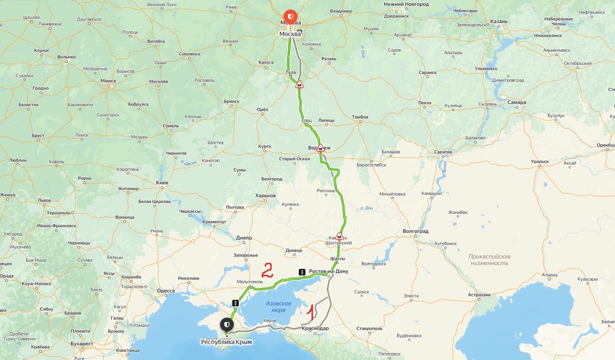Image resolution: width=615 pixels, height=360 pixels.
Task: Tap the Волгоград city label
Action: (x=416, y=231)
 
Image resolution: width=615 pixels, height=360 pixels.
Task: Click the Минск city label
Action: (x=108, y=80)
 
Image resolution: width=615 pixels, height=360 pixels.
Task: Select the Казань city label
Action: (x=498, y=22)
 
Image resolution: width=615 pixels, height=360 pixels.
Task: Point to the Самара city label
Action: (x=517, y=102)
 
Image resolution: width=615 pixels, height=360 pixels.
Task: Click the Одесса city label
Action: (x=166, y=290)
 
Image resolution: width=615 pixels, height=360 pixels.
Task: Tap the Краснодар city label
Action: (x=315, y=328)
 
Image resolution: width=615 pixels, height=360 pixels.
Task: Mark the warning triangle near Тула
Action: (x=299, y=84)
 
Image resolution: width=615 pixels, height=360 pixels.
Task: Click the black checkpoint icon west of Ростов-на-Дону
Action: (x=302, y=271)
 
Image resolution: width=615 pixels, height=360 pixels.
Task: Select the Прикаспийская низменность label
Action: (x=489, y=259)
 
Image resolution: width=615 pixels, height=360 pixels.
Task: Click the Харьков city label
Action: (x=265, y=195)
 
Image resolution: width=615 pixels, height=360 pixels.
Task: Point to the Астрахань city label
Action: (x=479, y=294)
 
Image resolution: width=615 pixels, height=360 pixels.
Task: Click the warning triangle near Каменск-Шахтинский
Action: (x=339, y=236)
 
